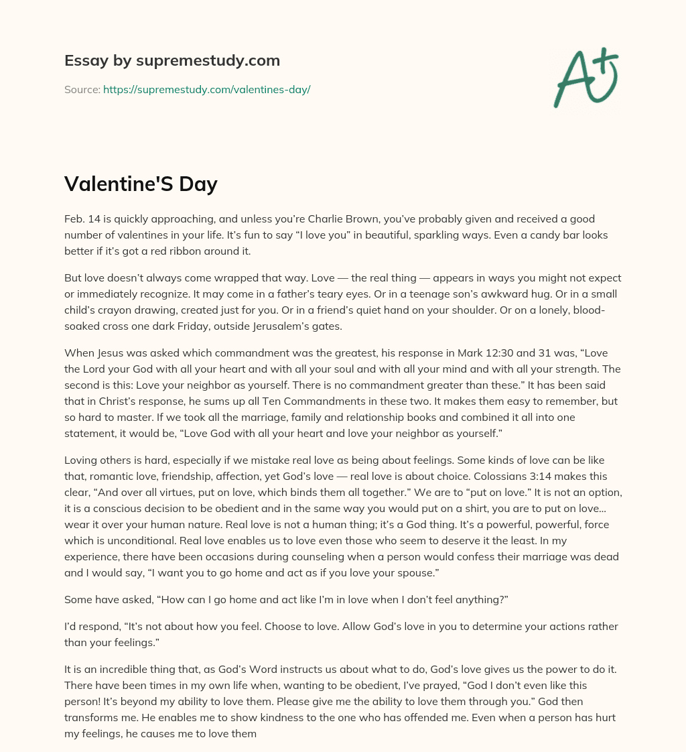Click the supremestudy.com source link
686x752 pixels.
tap(206, 89)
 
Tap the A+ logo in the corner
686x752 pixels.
tap(585, 77)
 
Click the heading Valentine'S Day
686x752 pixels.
tap(141, 184)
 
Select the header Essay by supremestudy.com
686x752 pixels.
tap(172, 61)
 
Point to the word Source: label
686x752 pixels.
tap(82, 89)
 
